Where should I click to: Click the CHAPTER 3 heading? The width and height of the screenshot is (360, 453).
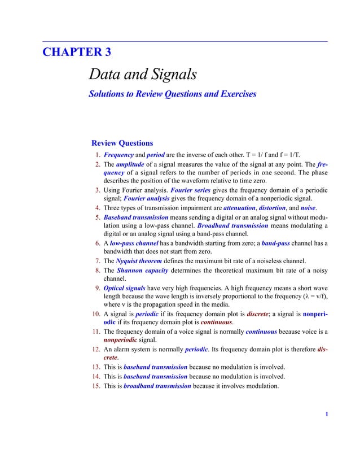[x=77, y=53]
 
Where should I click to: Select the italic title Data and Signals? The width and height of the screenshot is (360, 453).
[x=143, y=74]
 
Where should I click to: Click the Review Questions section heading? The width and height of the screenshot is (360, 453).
[x=122, y=143]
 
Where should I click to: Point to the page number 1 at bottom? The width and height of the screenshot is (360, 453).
[x=326, y=415]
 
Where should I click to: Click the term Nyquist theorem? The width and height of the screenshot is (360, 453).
[x=138, y=261]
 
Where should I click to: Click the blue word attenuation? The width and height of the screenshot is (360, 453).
[x=239, y=208]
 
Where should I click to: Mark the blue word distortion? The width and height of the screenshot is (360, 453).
[x=273, y=208]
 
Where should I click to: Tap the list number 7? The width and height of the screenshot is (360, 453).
[x=97, y=261]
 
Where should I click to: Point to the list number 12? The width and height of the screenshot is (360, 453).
[x=95, y=350]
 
